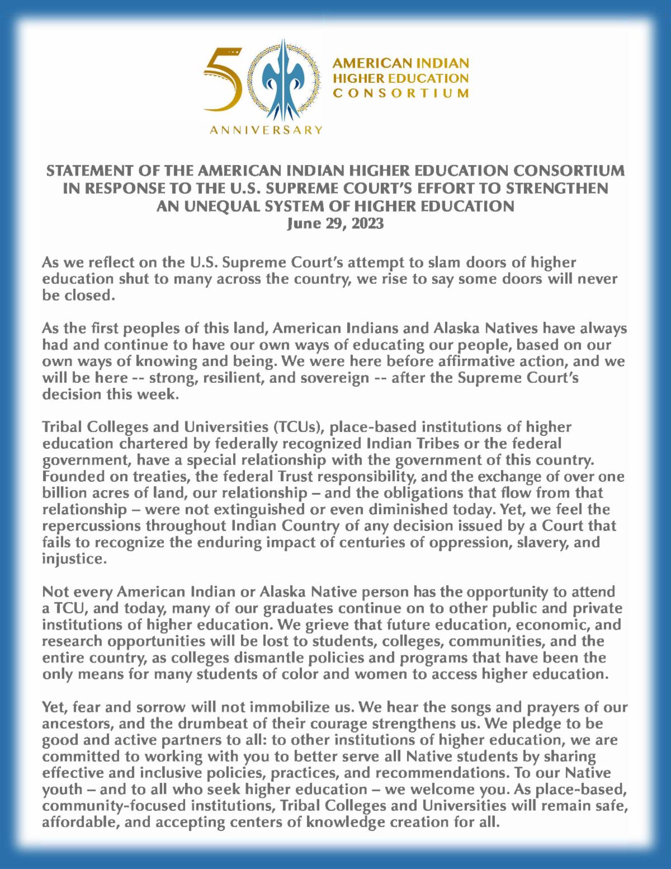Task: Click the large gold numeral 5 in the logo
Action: pos(223,81)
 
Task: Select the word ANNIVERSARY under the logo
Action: pos(266,130)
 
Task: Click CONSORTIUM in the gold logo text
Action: pos(401,93)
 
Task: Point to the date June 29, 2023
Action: pos(335,224)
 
